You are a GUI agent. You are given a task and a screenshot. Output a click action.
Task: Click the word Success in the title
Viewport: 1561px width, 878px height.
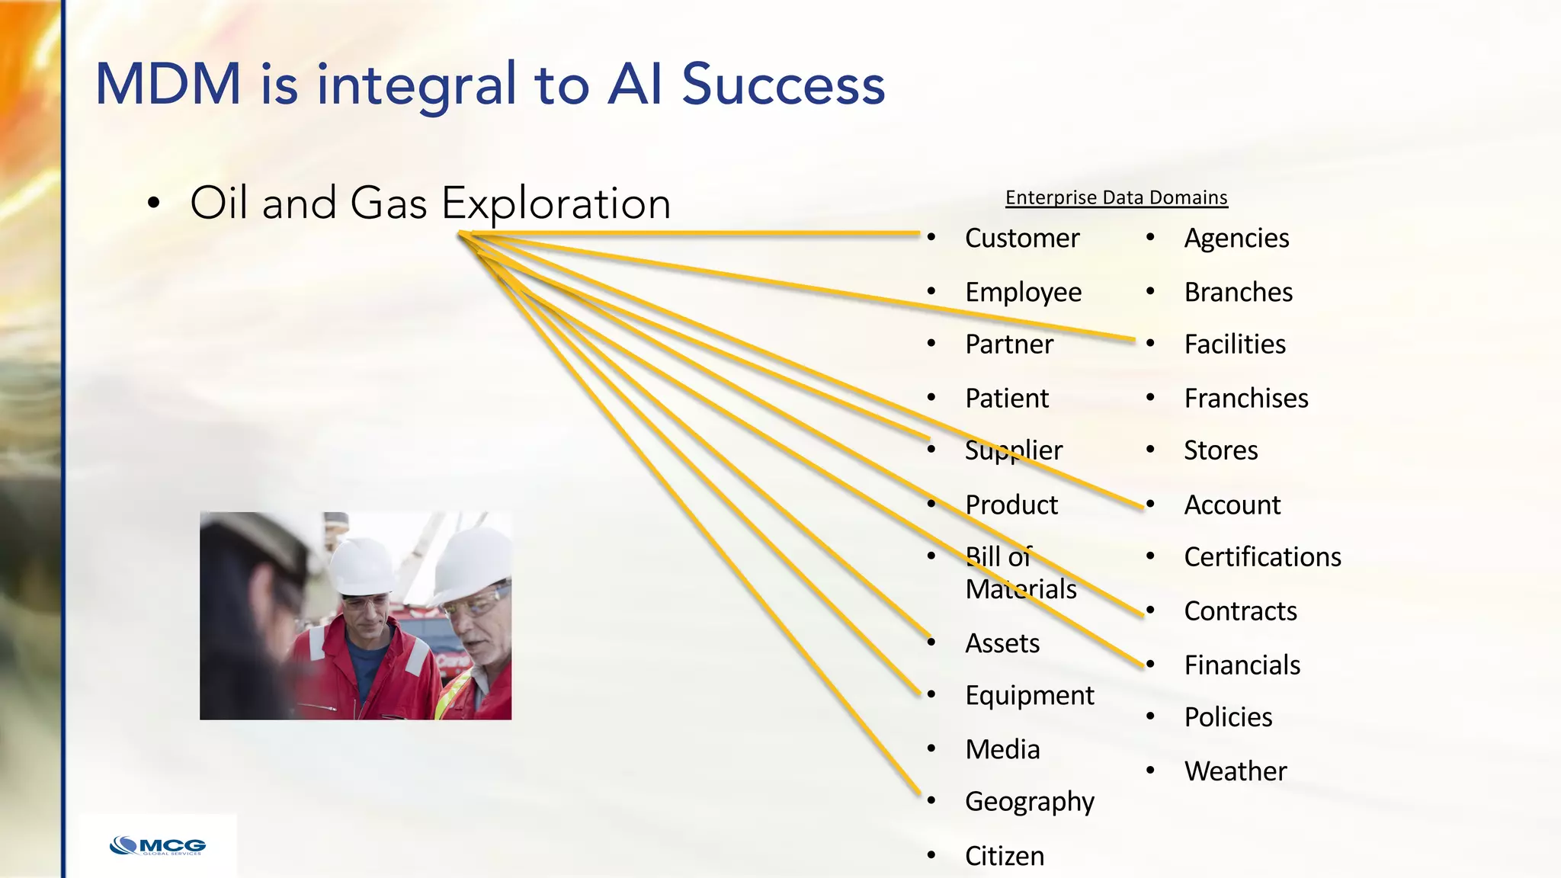pos(783,84)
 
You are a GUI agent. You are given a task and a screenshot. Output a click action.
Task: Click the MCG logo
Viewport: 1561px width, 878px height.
pos(158,846)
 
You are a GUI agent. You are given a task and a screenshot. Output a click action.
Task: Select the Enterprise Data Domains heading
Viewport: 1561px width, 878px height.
pos(1116,197)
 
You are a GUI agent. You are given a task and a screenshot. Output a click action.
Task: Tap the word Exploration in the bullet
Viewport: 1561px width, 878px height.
pos(556,203)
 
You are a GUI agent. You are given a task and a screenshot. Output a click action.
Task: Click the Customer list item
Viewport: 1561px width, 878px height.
pos(1021,239)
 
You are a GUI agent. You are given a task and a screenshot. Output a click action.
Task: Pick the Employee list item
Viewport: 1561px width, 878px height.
pos(1023,293)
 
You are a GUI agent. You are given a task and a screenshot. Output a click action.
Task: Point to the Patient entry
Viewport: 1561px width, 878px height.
pos(1006,398)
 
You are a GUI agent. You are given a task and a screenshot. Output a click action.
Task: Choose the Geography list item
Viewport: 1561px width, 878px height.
pos(1029,802)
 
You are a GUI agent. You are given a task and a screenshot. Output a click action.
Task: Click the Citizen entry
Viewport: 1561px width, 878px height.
pos(1004,856)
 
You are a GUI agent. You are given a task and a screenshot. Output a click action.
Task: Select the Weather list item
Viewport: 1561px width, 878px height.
pos(1235,771)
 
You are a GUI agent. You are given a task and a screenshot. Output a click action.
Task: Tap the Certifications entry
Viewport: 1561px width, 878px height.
pos(1262,557)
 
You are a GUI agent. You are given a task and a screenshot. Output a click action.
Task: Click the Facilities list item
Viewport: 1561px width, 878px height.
pos(1234,344)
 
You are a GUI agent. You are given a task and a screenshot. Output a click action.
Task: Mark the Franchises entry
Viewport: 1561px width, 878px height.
pos(1245,399)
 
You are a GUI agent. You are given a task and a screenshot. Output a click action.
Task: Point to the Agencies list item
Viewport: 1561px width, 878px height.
pos(1236,239)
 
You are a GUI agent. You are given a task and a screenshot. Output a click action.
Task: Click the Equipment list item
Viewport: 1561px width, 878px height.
pos(1029,696)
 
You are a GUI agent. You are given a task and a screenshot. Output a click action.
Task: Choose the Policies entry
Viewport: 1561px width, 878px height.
pos(1227,717)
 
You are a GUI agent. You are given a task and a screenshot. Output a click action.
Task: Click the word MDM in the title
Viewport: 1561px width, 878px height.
pos(168,84)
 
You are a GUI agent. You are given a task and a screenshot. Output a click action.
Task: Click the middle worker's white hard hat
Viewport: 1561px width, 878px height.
pos(362,566)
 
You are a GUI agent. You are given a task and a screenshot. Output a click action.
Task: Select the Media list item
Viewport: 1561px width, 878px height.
pos(1002,750)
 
